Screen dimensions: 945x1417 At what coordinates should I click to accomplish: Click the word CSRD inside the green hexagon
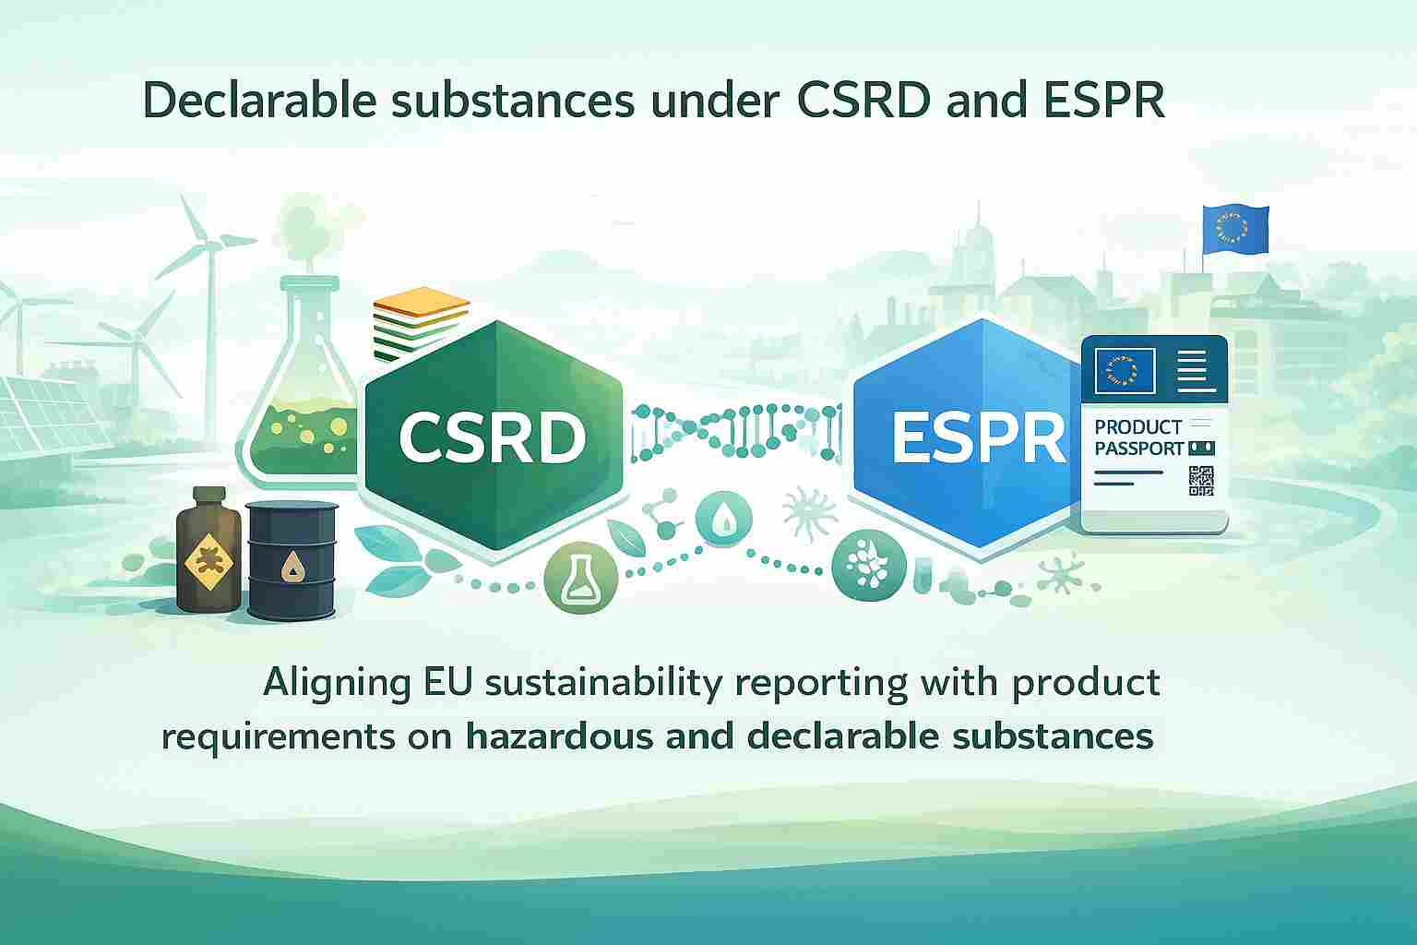click(x=492, y=437)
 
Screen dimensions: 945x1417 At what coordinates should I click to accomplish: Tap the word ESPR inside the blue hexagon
click(x=978, y=437)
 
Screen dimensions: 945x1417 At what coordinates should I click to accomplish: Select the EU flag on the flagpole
click(x=1235, y=230)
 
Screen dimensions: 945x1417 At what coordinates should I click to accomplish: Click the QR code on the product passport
click(x=1201, y=482)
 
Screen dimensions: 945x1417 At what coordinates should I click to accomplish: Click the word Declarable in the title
click(x=260, y=102)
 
